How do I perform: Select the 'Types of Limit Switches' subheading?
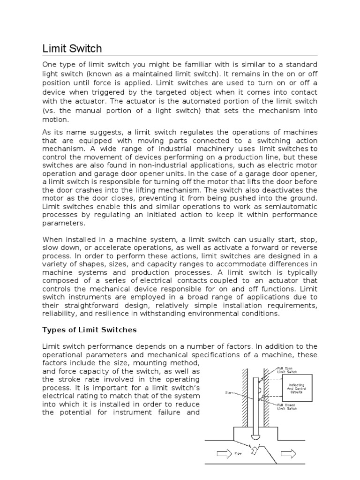[x=90, y=330]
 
